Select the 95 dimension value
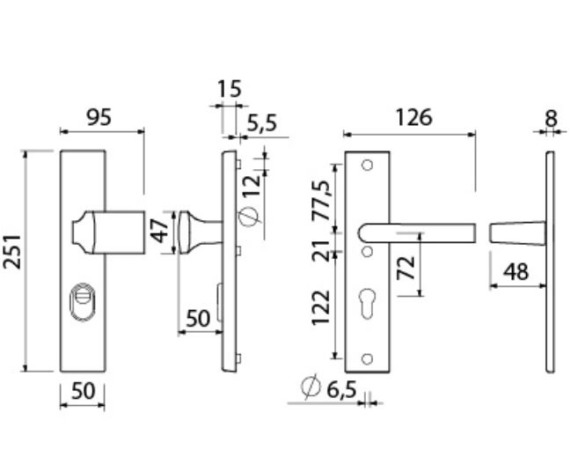pyautogui.click(x=102, y=116)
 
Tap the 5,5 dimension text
pyautogui.click(x=261, y=124)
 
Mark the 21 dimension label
pyautogui.click(x=321, y=249)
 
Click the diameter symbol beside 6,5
pyautogui.click(x=309, y=388)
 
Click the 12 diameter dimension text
pyautogui.click(x=252, y=188)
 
